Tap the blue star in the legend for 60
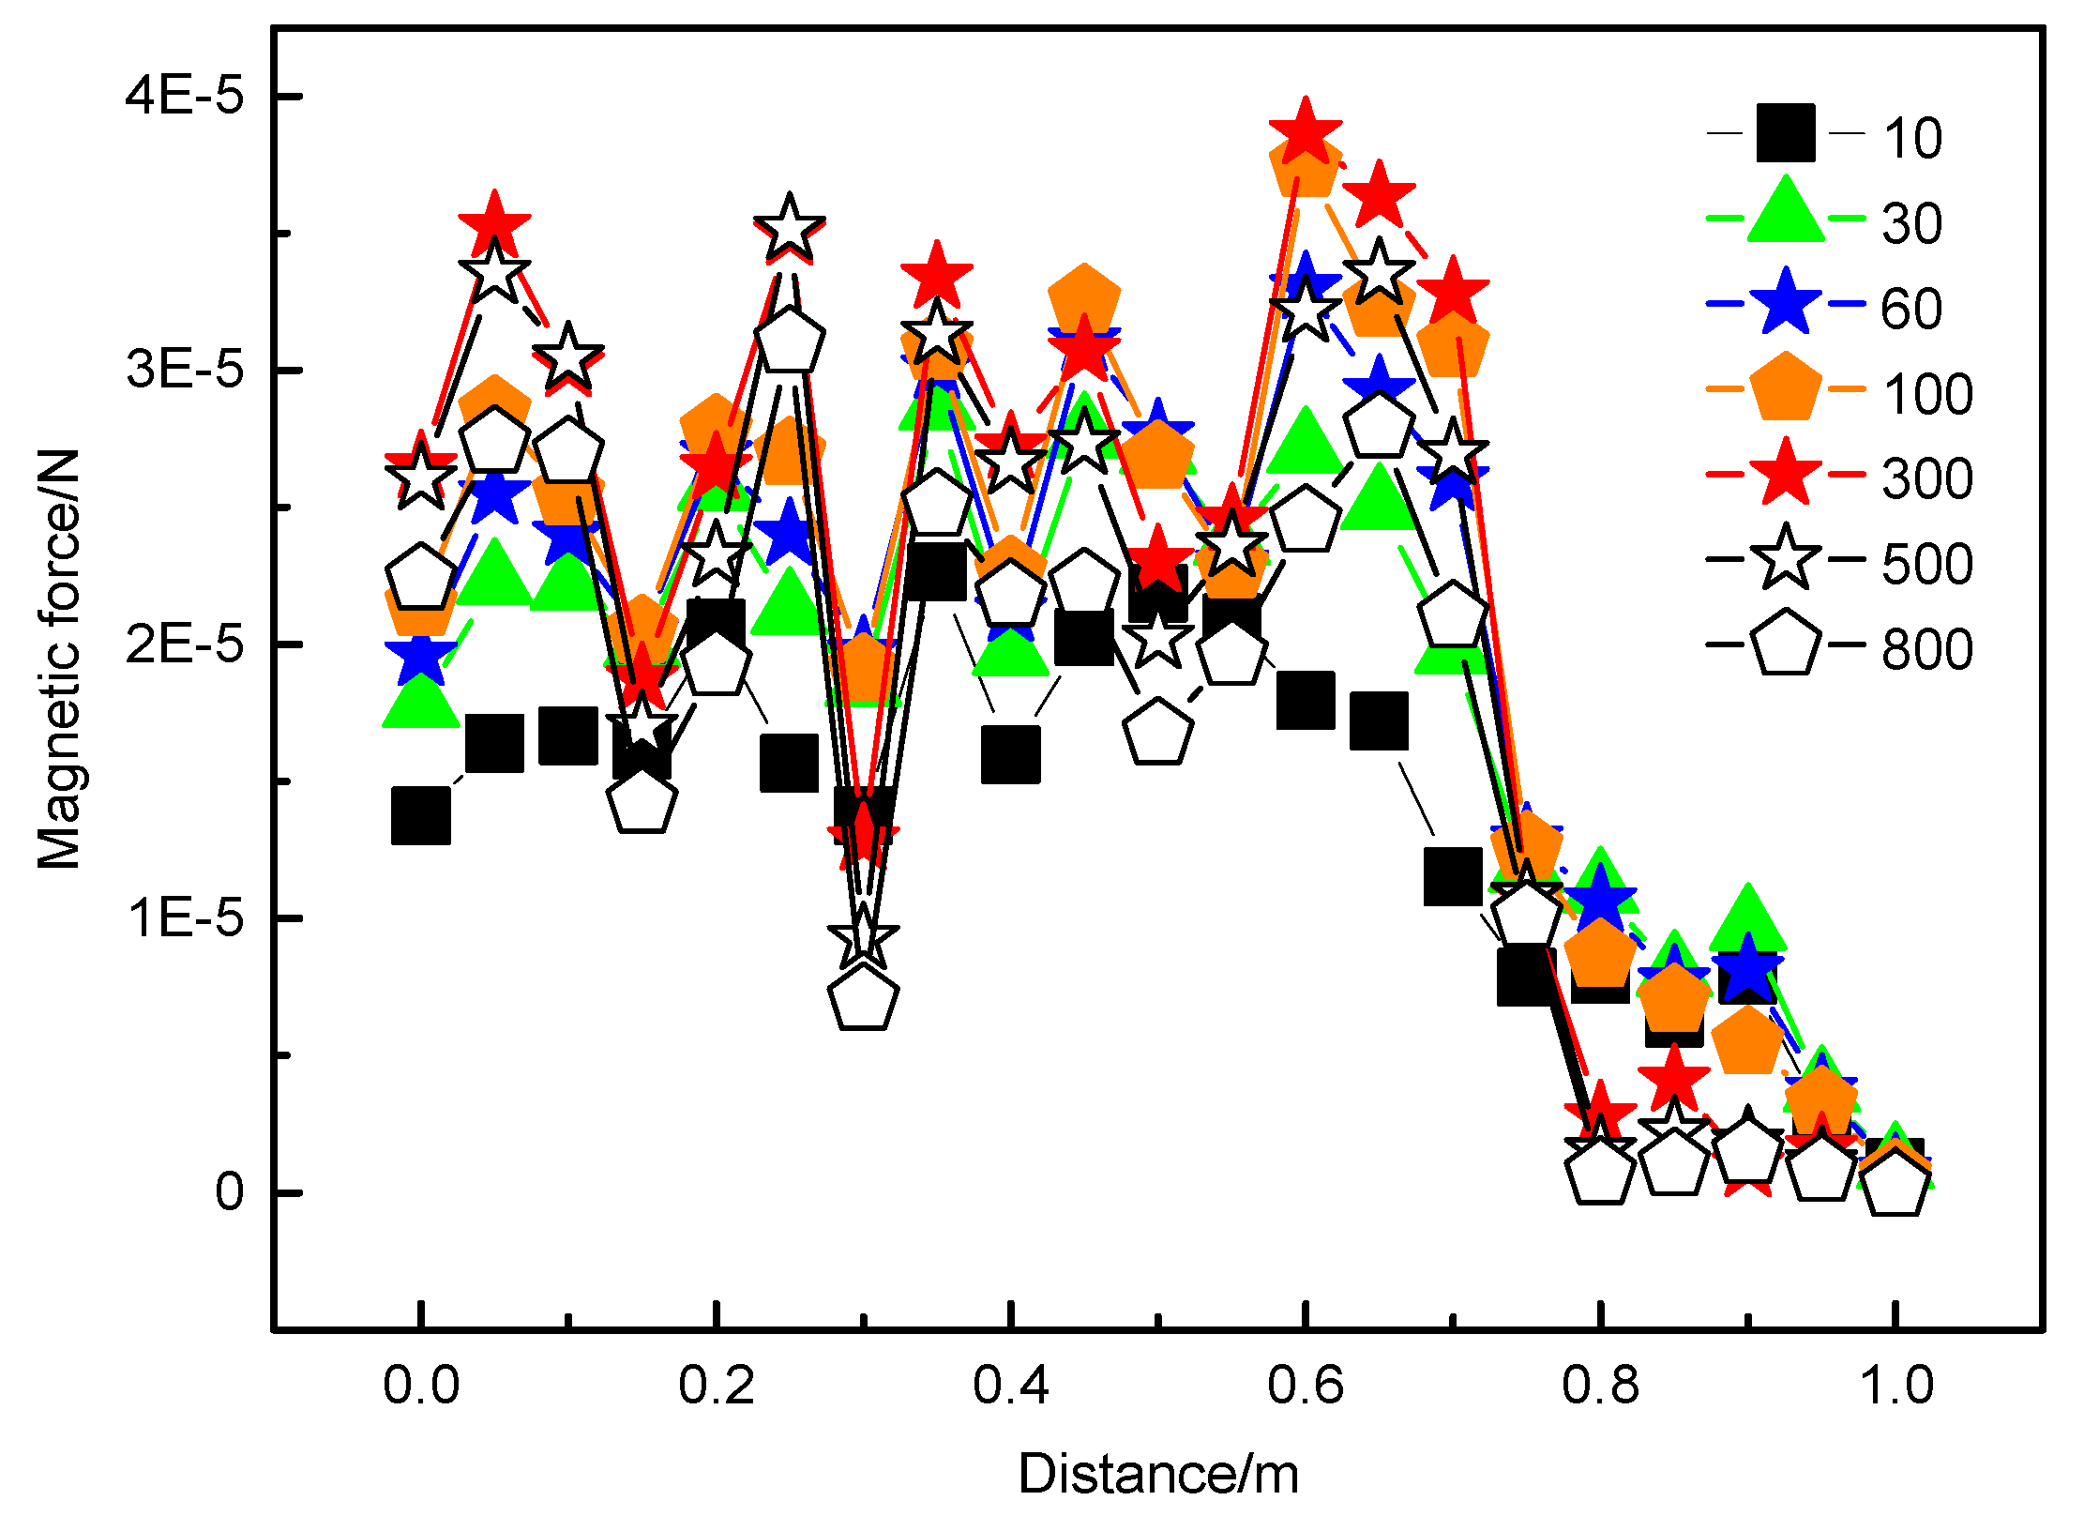(1786, 302)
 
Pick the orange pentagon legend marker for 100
(1786, 387)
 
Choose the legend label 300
(1927, 478)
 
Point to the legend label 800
(1927, 649)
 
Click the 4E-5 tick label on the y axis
(185, 96)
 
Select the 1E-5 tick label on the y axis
(185, 917)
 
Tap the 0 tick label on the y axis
(229, 1192)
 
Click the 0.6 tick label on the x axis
(1305, 1386)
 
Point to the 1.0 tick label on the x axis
(1895, 1386)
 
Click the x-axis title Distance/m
(1158, 1474)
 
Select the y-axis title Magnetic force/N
(58, 659)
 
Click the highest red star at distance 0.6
(1305, 132)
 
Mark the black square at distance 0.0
(421, 814)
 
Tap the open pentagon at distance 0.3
(863, 997)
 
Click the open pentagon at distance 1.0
(1895, 1184)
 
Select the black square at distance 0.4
(1010, 753)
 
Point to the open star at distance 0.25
(790, 227)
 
